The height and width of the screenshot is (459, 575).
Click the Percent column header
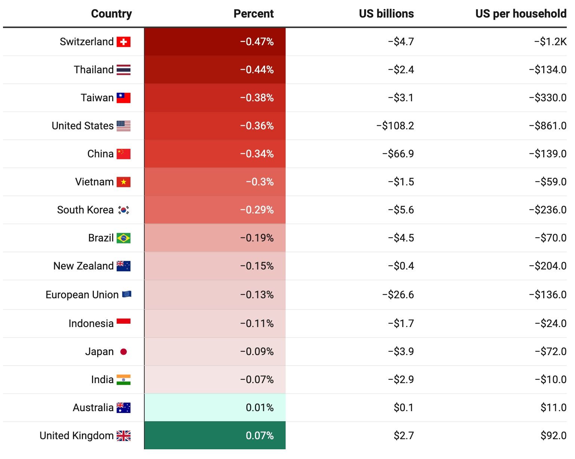tap(253, 14)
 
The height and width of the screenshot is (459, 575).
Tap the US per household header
tap(520, 14)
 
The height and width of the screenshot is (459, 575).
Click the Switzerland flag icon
tap(123, 42)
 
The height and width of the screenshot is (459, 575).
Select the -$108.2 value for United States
tap(395, 126)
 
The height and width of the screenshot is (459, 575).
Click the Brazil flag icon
tap(123, 238)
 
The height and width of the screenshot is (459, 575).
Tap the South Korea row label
tap(85, 210)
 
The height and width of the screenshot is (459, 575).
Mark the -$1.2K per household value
tap(550, 42)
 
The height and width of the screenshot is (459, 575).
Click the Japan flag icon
tap(123, 352)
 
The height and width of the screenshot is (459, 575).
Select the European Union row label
tap(82, 295)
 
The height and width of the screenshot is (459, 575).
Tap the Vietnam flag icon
tap(123, 182)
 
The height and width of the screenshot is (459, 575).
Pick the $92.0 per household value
tap(553, 436)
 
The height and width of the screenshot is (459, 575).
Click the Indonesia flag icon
tap(123, 321)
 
